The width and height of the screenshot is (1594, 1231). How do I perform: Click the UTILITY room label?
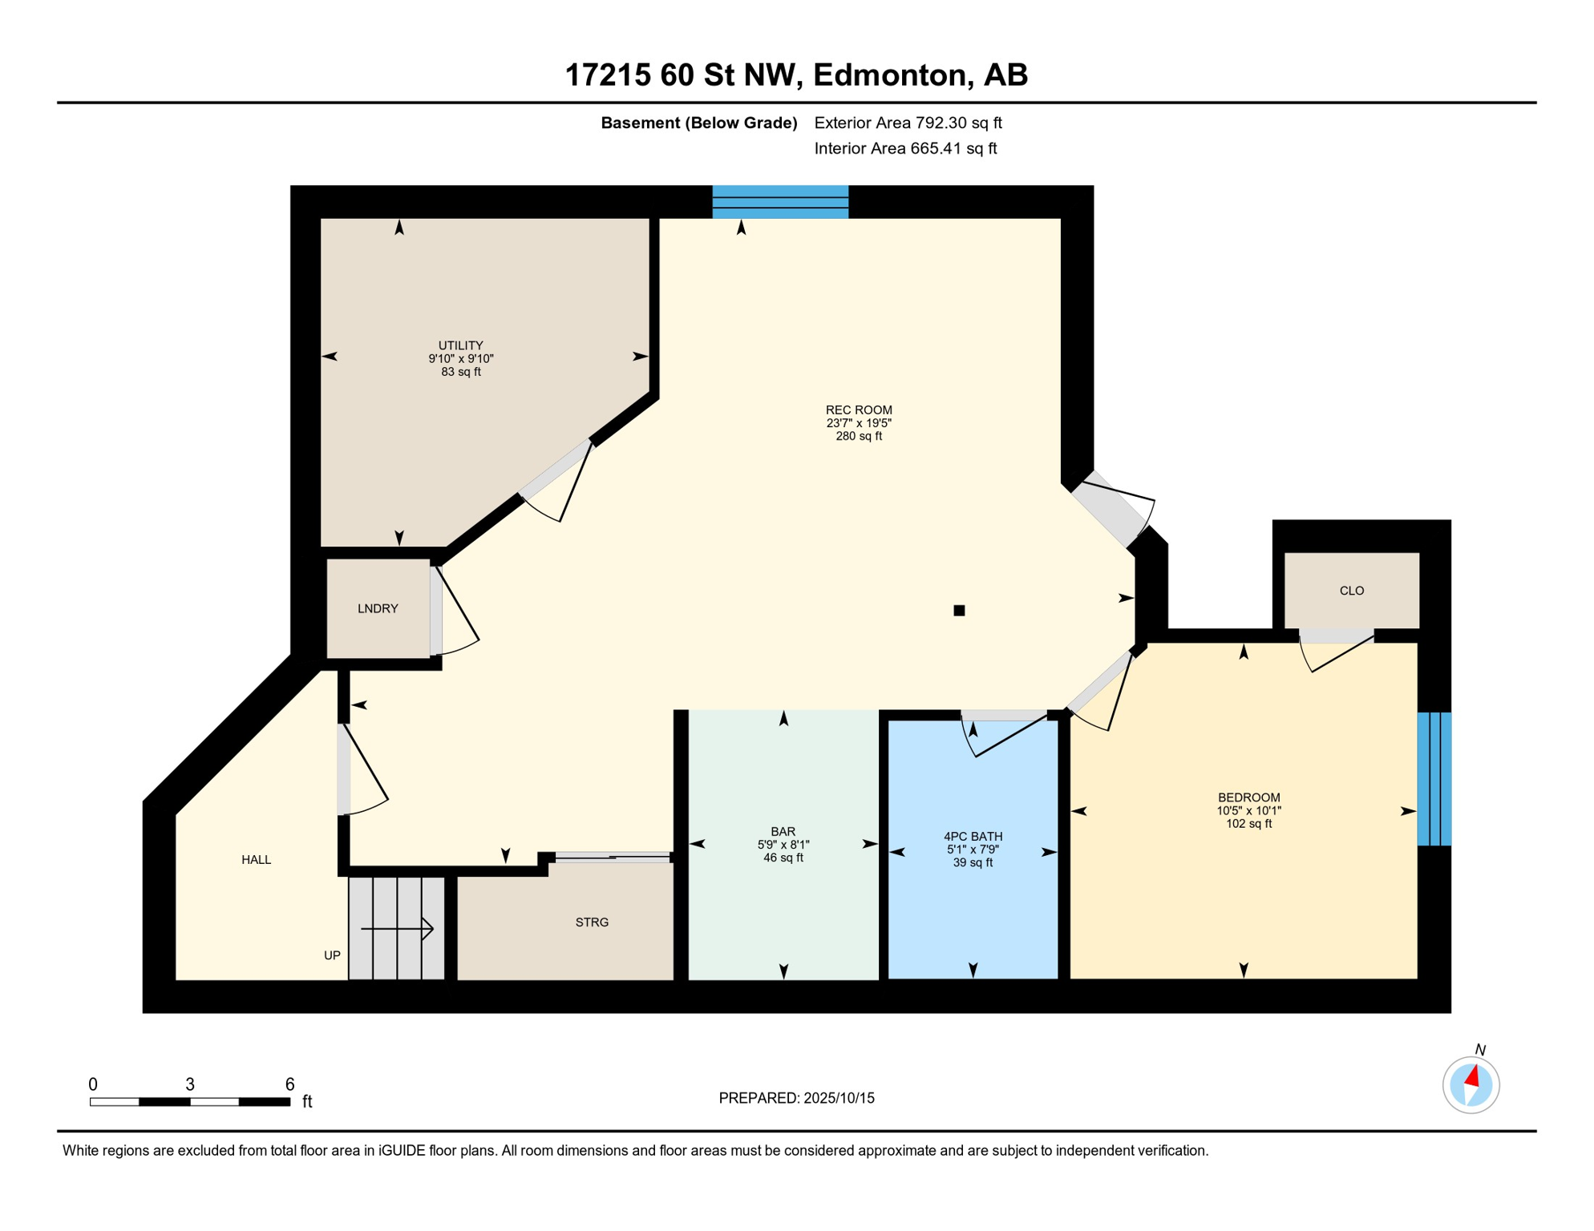[460, 345]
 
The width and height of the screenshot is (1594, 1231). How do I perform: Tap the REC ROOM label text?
[859, 410]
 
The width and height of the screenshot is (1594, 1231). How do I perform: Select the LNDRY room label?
[378, 609]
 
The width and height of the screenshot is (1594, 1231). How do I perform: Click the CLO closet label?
[1352, 591]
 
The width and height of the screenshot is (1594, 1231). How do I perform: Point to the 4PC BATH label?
[973, 837]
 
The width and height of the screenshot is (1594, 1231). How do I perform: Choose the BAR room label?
[783, 832]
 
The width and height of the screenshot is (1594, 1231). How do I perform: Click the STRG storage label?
[592, 922]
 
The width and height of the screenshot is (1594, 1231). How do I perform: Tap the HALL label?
[257, 860]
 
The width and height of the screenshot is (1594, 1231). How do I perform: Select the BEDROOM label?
[1248, 797]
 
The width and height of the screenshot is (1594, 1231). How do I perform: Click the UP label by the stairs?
[332, 955]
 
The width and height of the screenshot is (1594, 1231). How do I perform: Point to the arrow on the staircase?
[398, 929]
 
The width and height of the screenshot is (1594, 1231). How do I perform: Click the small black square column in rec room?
[959, 611]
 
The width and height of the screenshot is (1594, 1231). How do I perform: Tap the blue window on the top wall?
[780, 202]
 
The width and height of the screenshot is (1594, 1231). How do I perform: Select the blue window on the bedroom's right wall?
[1434, 779]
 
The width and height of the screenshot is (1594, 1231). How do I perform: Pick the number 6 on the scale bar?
[289, 1084]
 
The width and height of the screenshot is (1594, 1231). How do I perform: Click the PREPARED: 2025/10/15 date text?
[796, 1098]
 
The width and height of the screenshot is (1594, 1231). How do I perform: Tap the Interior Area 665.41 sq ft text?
[905, 148]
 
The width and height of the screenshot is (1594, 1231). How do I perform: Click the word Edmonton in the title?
[888, 75]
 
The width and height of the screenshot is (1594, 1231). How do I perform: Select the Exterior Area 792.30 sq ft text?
[908, 123]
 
